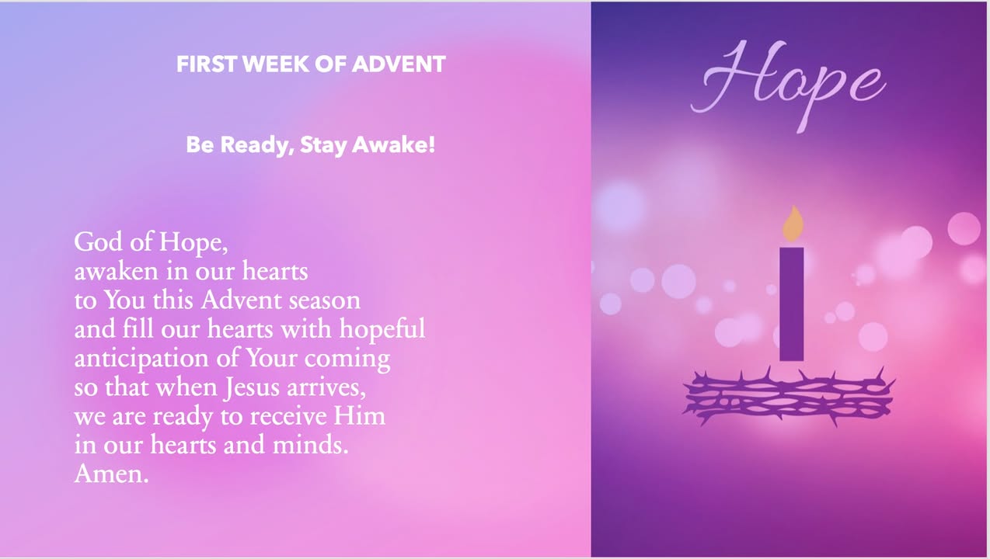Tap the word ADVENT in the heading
coord(399,64)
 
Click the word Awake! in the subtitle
coord(393,145)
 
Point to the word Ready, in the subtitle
coord(257,146)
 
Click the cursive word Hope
coord(789,85)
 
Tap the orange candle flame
coord(793,224)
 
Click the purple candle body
coord(792,304)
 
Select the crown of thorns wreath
coord(789,396)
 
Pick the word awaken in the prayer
coord(116,271)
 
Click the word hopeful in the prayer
coord(382,330)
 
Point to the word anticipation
coord(141,359)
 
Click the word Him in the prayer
coord(359,416)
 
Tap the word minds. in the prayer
coord(311,445)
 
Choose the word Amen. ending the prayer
coord(111,474)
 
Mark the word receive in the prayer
coord(288,417)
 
